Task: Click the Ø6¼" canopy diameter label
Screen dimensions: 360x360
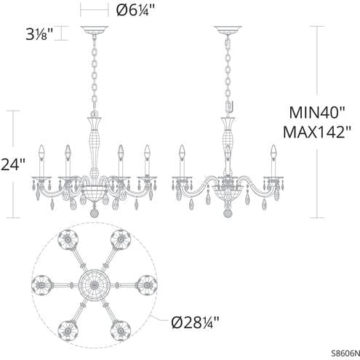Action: click(136, 10)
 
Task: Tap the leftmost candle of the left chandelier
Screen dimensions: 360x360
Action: click(42, 159)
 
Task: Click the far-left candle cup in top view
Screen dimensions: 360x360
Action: click(41, 281)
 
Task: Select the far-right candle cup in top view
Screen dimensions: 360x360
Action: click(147, 281)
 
